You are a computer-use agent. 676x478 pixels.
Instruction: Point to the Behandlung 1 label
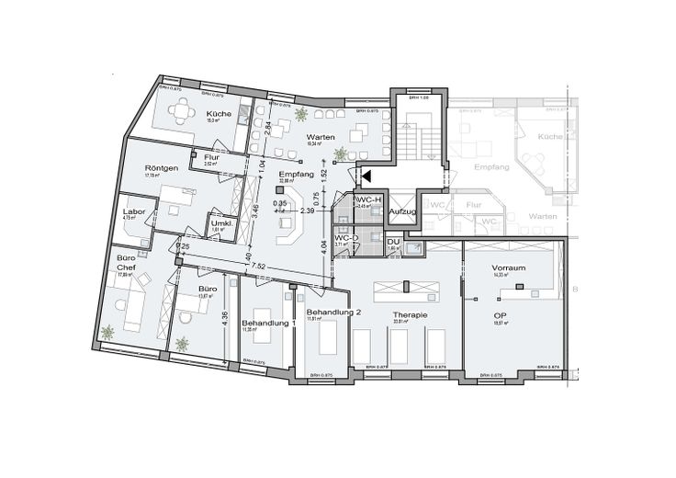[269, 324]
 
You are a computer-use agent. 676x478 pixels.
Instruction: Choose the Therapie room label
[410, 315]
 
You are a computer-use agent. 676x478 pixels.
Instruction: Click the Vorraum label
[508, 267]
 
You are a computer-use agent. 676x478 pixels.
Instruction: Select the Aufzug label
[402, 212]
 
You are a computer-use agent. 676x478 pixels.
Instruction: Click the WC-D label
[346, 238]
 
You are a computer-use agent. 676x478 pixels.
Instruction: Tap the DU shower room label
[392, 241]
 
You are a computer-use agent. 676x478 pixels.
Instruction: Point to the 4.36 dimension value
[225, 321]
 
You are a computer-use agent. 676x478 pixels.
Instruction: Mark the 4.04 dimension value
[324, 246]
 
